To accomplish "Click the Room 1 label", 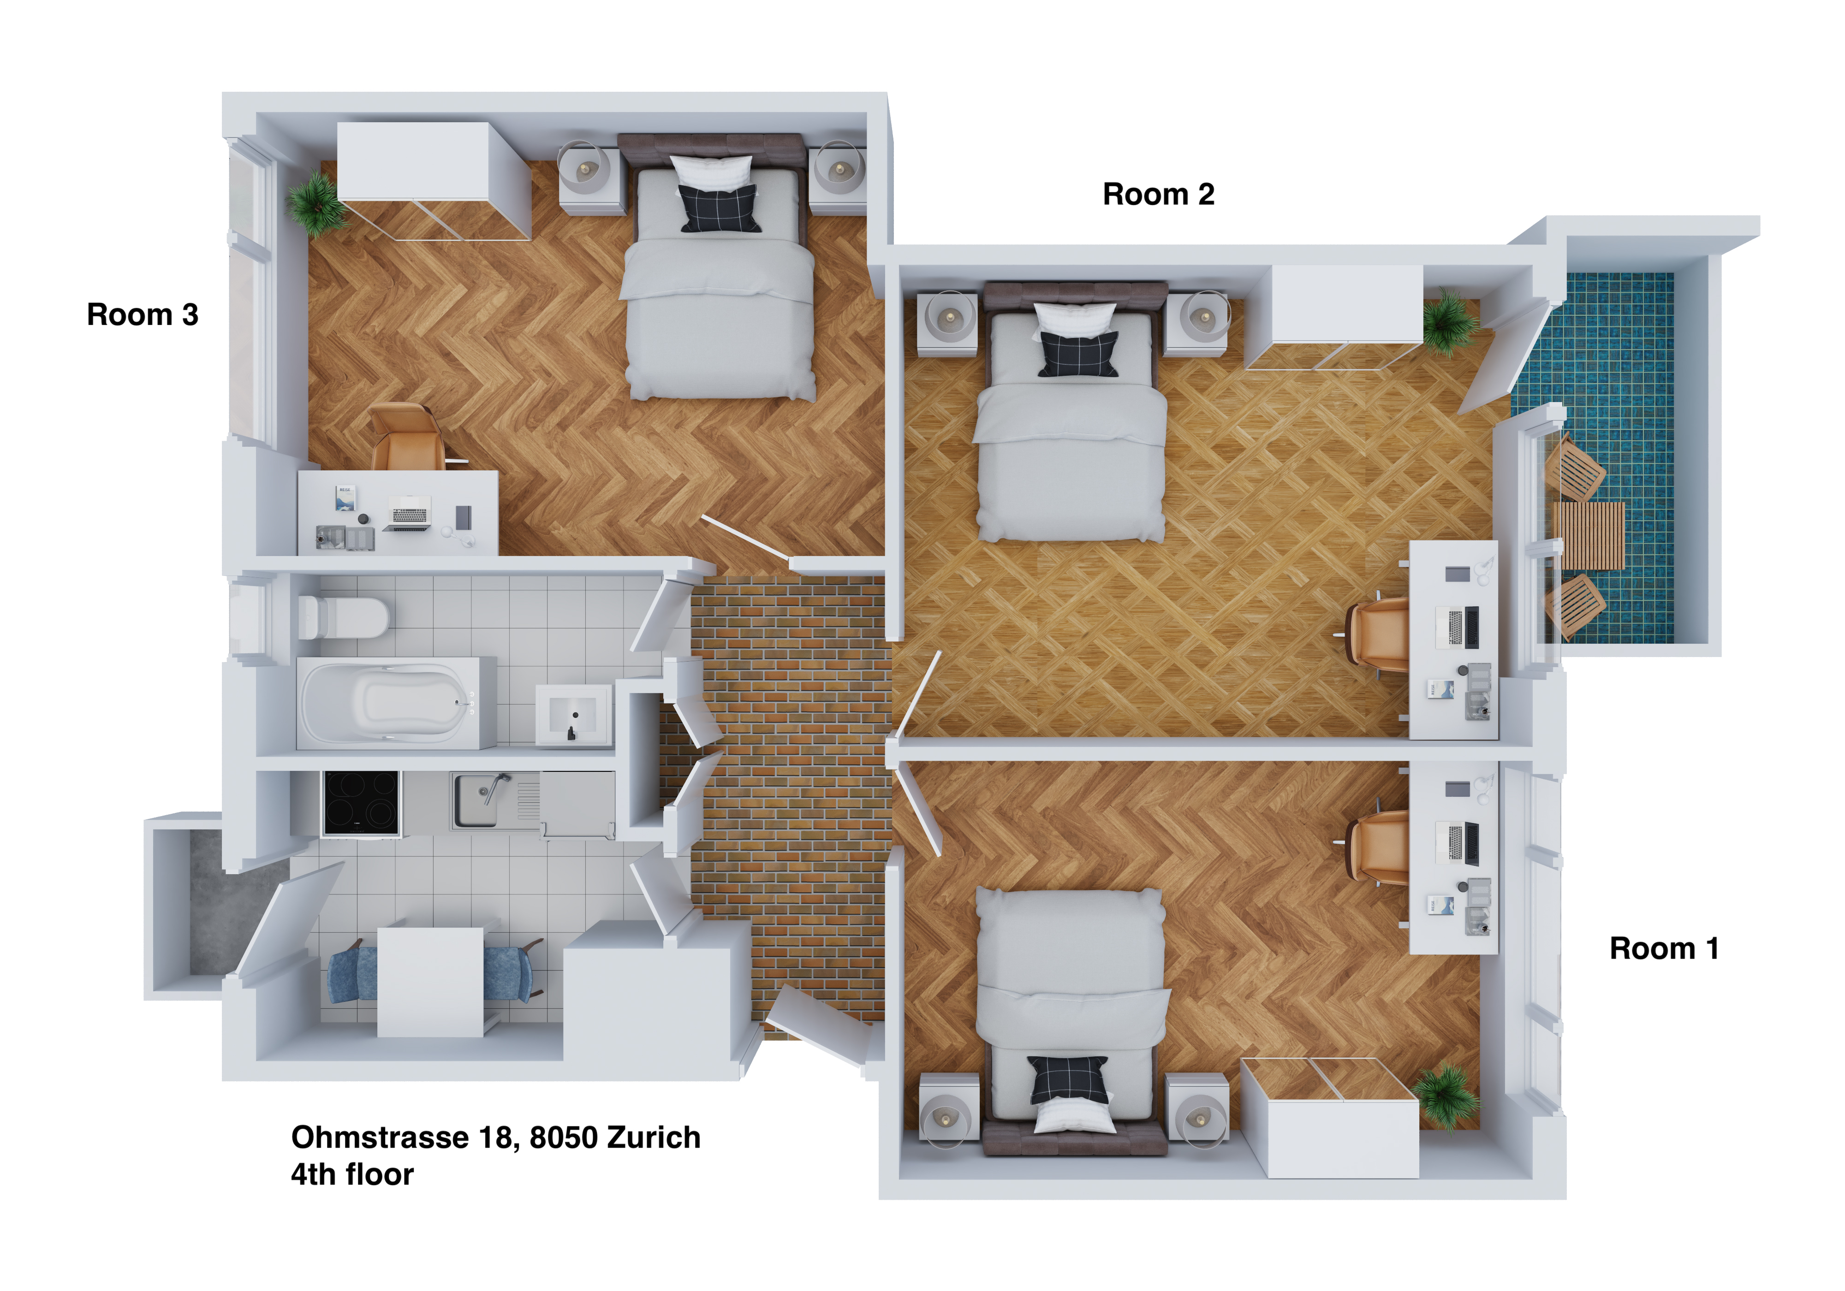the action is (x=1664, y=949).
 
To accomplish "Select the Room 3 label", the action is (x=142, y=315).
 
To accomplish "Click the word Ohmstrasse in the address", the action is (x=380, y=1137).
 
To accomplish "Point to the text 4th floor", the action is (x=352, y=1174).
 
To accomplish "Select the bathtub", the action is (x=396, y=703).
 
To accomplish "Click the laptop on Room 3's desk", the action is (x=410, y=514).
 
